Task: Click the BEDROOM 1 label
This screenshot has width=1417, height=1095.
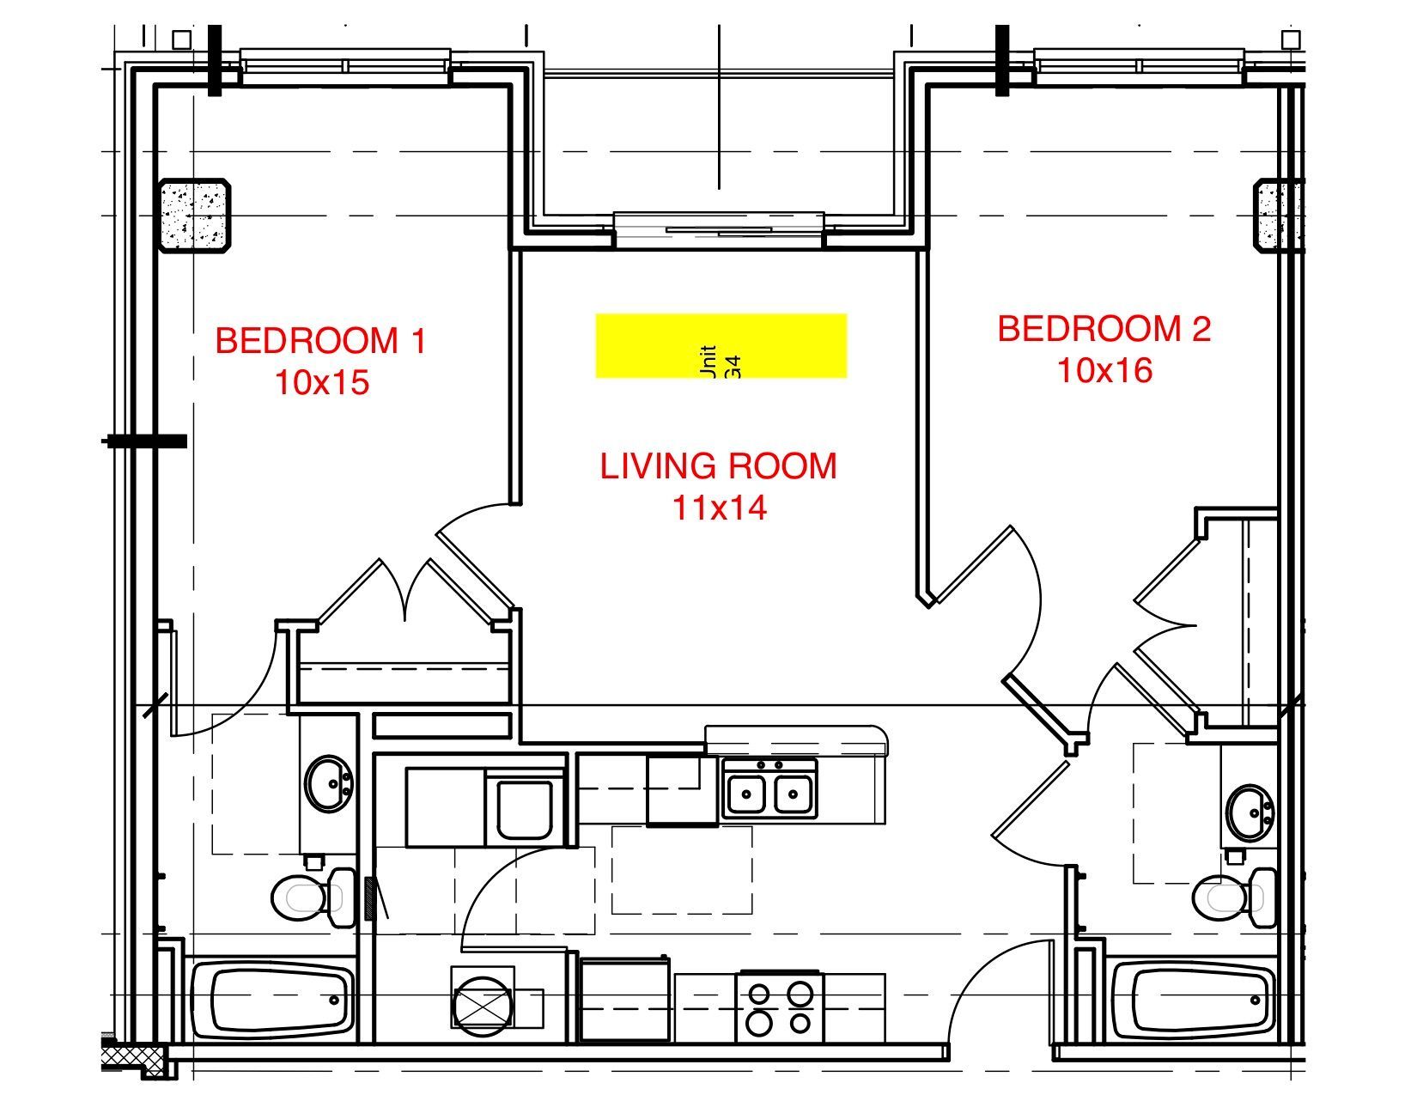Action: (320, 341)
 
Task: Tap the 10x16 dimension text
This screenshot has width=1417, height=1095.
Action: (1104, 370)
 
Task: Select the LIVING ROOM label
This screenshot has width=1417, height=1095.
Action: (718, 466)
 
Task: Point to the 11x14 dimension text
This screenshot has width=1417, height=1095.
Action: (718, 508)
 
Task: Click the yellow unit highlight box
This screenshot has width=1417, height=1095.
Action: (721, 345)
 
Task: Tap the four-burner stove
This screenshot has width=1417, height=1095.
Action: (780, 1007)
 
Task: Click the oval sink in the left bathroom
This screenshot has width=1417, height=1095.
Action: (329, 783)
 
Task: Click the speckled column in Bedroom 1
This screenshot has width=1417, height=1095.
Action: (195, 216)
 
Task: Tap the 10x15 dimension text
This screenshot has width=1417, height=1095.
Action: (321, 382)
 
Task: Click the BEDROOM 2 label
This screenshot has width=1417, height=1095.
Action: (1104, 329)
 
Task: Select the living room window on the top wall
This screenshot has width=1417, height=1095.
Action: (719, 228)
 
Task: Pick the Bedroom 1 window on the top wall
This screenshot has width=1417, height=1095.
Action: (344, 66)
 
